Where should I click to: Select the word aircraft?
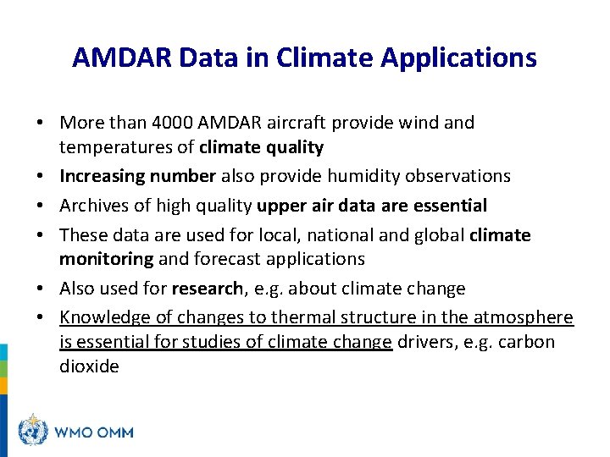(297, 123)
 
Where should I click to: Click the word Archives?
(95, 205)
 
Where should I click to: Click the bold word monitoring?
(106, 259)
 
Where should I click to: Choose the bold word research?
(207, 289)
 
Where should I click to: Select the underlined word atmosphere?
(523, 317)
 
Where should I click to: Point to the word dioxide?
(89, 366)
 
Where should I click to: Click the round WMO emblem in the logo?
(33, 431)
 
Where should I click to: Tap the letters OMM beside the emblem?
(114, 432)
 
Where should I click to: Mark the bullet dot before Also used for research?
(41, 289)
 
